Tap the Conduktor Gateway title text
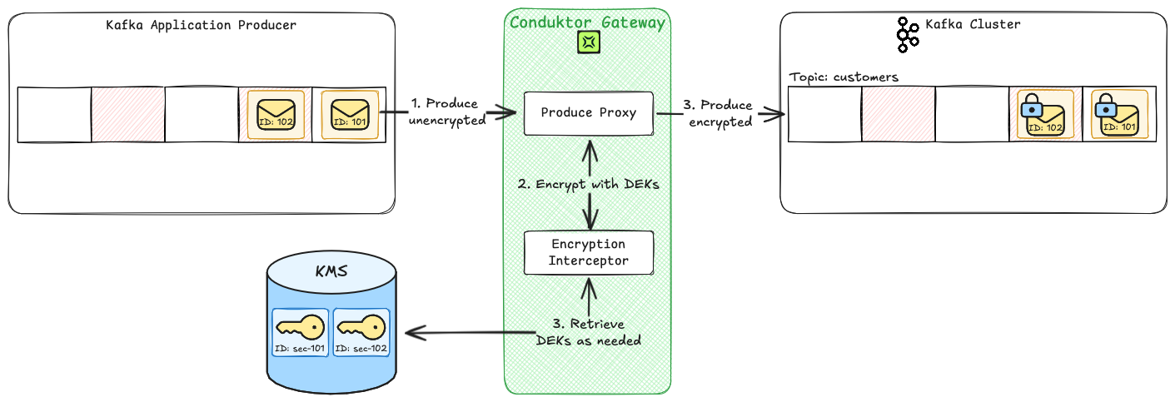pyautogui.click(x=587, y=22)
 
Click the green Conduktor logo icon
pyautogui.click(x=589, y=42)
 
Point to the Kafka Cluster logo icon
pyautogui.click(x=907, y=34)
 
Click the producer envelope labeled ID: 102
pyautogui.click(x=275, y=115)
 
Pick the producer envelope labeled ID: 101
pyautogui.click(x=349, y=115)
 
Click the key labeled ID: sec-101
pyautogui.click(x=301, y=332)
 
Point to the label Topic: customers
pyautogui.click(x=844, y=77)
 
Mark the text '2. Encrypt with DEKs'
pyautogui.click(x=589, y=184)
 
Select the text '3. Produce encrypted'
pyautogui.click(x=717, y=113)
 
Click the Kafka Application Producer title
pyautogui.click(x=201, y=25)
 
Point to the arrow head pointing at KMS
pyautogui.click(x=413, y=335)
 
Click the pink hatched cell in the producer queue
pyautogui.click(x=127, y=114)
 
